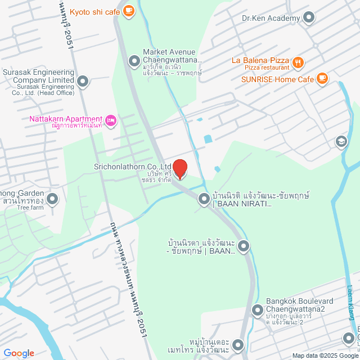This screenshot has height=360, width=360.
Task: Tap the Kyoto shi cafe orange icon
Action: (129, 10)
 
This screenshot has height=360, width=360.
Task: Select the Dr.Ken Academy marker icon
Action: (309, 19)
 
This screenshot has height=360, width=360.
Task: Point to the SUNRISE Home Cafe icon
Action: (322, 79)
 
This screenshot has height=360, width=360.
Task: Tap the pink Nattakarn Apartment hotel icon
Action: (111, 119)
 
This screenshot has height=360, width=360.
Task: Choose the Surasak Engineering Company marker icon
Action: (83, 82)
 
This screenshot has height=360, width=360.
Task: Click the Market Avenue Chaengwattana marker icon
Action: (134, 60)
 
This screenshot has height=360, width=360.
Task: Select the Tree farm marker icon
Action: (52, 199)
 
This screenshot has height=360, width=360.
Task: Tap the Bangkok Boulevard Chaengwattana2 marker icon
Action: (258, 310)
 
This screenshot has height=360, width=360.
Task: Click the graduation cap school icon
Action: (340, 141)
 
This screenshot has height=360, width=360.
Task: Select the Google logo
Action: (18, 353)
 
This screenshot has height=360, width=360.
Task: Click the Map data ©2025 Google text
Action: (324, 355)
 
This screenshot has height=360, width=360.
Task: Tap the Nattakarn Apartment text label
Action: (65, 119)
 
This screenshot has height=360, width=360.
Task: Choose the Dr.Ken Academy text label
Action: (271, 19)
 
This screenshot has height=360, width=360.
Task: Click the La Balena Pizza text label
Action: (260, 60)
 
